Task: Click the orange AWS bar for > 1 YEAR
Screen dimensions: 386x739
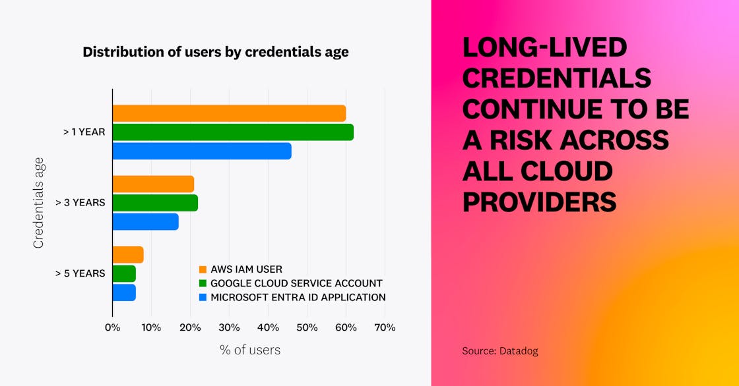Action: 229,113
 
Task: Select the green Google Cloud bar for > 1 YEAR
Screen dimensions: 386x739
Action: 233,132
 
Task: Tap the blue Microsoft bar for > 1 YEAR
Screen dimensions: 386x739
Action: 202,151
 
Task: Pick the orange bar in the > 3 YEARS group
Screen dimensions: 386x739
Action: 153,184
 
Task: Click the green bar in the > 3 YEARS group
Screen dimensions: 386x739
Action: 155,203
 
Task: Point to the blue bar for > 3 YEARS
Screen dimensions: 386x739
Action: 145,222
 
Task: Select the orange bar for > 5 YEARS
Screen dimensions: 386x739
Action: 128,255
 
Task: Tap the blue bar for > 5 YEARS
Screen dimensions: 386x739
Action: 124,292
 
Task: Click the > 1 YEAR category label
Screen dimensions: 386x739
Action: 84,132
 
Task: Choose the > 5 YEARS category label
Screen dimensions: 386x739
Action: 80,273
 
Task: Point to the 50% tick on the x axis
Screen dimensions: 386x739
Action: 307,327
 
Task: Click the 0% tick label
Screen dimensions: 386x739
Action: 112,327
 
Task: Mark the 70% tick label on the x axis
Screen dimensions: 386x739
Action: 385,327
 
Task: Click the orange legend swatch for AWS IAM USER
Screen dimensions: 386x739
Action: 203,269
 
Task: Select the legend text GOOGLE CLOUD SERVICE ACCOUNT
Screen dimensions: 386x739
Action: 296,283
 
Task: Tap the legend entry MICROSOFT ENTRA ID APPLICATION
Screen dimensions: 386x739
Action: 298,297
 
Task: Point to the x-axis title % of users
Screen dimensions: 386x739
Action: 249,350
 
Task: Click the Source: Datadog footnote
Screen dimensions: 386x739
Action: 499,351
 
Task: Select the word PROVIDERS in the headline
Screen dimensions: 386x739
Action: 539,202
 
